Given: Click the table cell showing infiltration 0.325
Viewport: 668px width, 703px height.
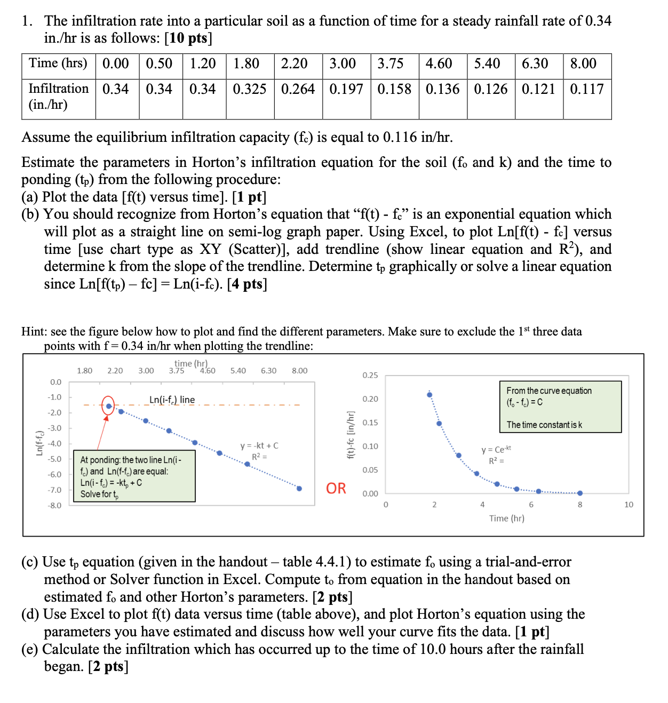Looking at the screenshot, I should (250, 89).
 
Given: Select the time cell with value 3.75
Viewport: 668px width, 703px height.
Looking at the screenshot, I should (391, 63).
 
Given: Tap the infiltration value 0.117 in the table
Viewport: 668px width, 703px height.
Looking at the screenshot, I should (587, 89).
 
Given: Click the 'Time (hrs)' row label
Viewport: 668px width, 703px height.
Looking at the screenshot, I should (58, 63).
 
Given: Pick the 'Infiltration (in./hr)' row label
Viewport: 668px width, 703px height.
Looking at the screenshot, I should (58, 96).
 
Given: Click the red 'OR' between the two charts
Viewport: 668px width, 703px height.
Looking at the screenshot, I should (336, 488).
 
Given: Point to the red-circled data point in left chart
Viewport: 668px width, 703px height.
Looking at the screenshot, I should (108, 406).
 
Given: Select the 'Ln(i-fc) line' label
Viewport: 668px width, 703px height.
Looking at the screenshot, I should (172, 400).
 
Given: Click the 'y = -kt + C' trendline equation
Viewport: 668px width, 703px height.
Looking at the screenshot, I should (259, 445).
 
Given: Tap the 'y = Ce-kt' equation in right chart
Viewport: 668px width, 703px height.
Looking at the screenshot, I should (496, 450).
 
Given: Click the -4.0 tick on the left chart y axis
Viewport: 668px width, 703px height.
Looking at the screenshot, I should (55, 443).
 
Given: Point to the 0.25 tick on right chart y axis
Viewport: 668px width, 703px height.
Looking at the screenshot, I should (370, 375).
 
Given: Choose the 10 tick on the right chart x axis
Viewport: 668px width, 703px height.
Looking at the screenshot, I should (629, 505).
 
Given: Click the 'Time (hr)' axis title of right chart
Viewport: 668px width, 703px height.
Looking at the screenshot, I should (506, 518).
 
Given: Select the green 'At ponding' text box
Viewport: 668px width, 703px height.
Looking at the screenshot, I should (134, 476).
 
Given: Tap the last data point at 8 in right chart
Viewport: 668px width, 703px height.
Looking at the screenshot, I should (580, 493).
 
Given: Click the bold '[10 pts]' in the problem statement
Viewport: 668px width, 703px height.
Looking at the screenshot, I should (188, 38).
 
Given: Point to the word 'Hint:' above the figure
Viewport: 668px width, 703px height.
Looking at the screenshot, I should (33, 331).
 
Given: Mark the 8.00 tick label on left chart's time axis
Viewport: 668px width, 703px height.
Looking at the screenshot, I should (299, 370).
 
